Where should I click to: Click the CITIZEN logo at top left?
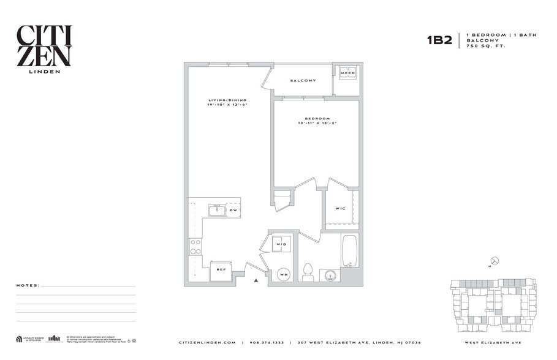(44, 48)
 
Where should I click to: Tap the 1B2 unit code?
(439, 40)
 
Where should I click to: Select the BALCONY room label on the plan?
(303, 81)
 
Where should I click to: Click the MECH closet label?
(348, 73)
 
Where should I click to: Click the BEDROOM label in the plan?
(317, 118)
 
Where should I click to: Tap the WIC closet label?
(340, 208)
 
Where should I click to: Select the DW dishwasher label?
(233, 211)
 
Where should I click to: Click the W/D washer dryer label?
(281, 244)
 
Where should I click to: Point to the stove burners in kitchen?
(195, 247)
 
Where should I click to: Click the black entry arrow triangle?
(256, 280)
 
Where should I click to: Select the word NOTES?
(28, 285)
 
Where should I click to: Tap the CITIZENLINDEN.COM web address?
(207, 342)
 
